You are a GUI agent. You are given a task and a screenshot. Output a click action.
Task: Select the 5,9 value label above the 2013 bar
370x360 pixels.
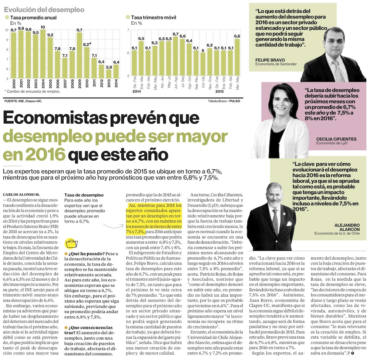tap(109, 67)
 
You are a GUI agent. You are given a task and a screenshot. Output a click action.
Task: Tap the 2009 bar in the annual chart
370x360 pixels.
tap(79, 56)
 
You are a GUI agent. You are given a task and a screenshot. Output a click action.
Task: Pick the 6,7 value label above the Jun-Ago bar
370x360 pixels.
tap(176, 34)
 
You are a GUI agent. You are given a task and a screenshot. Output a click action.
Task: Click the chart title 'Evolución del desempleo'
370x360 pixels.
tap(44, 10)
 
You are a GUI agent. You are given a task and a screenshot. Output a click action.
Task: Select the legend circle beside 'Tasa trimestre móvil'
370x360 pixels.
tap(128, 17)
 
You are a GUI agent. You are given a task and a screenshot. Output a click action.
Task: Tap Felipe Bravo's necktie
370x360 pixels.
tap(337, 70)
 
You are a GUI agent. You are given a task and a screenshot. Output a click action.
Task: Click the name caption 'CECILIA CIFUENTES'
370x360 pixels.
tap(336, 139)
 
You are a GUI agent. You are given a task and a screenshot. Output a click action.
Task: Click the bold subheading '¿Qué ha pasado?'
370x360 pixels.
tap(86, 253)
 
